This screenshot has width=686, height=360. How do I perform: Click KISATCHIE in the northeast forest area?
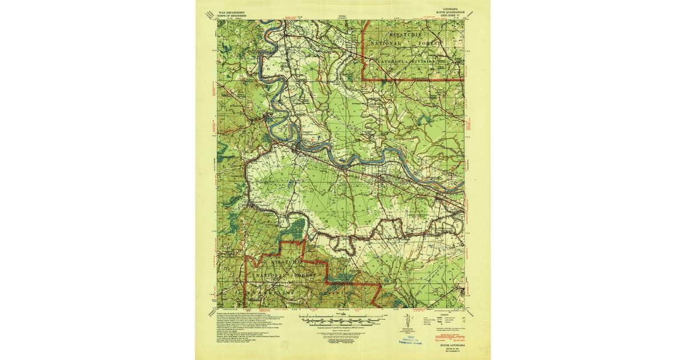[407, 34]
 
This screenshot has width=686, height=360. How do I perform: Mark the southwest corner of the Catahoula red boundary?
[366, 79]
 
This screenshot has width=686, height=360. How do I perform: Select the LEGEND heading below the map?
[440, 313]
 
